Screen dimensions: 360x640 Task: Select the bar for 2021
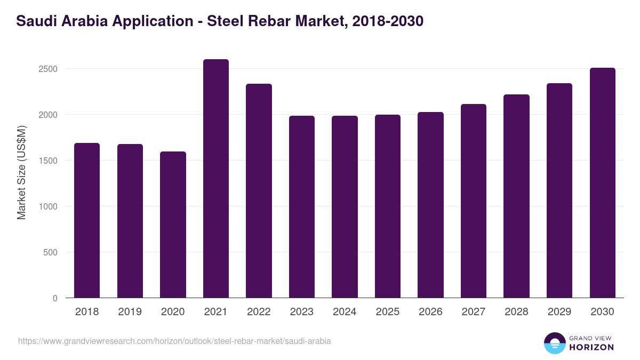[216, 179]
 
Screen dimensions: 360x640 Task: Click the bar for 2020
[173, 225]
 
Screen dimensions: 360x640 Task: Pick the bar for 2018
[87, 220]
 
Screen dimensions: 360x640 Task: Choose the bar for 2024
[345, 207]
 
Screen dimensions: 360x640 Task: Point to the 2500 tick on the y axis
[48, 69]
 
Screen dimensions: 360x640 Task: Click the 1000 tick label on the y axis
[48, 206]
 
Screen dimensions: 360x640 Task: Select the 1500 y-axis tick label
[48, 161]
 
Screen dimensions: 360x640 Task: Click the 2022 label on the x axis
[259, 312]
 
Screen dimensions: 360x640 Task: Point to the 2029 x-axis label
[559, 312]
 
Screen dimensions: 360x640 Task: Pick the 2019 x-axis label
[130, 312]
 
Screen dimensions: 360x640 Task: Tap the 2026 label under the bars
[430, 312]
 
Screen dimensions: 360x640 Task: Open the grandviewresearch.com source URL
[174, 341]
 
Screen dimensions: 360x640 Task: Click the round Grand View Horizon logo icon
[555, 343]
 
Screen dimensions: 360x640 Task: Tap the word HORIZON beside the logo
[592, 347]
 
